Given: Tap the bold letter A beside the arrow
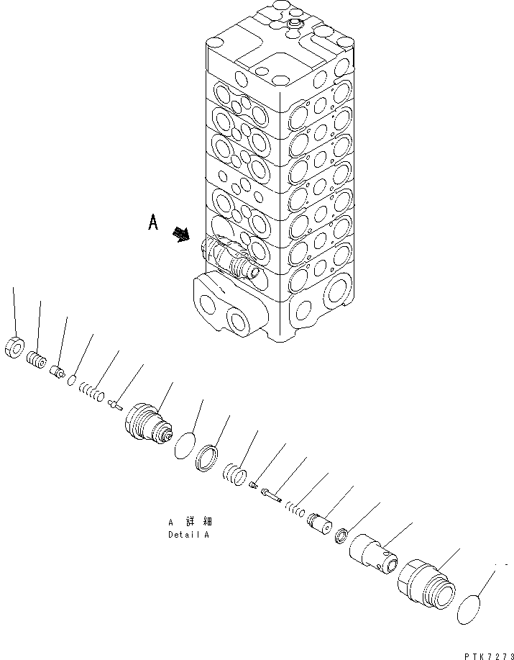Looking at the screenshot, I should [152, 225].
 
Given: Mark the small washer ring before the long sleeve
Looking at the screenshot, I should [343, 535].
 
